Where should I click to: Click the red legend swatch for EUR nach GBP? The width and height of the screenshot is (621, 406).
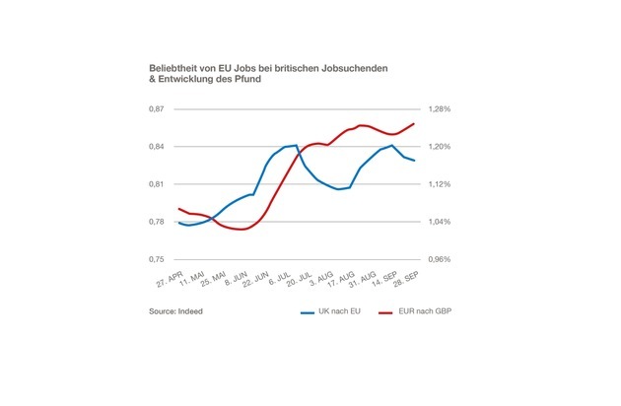pos(386,311)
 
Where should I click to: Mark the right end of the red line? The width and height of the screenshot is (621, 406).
pos(414,123)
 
